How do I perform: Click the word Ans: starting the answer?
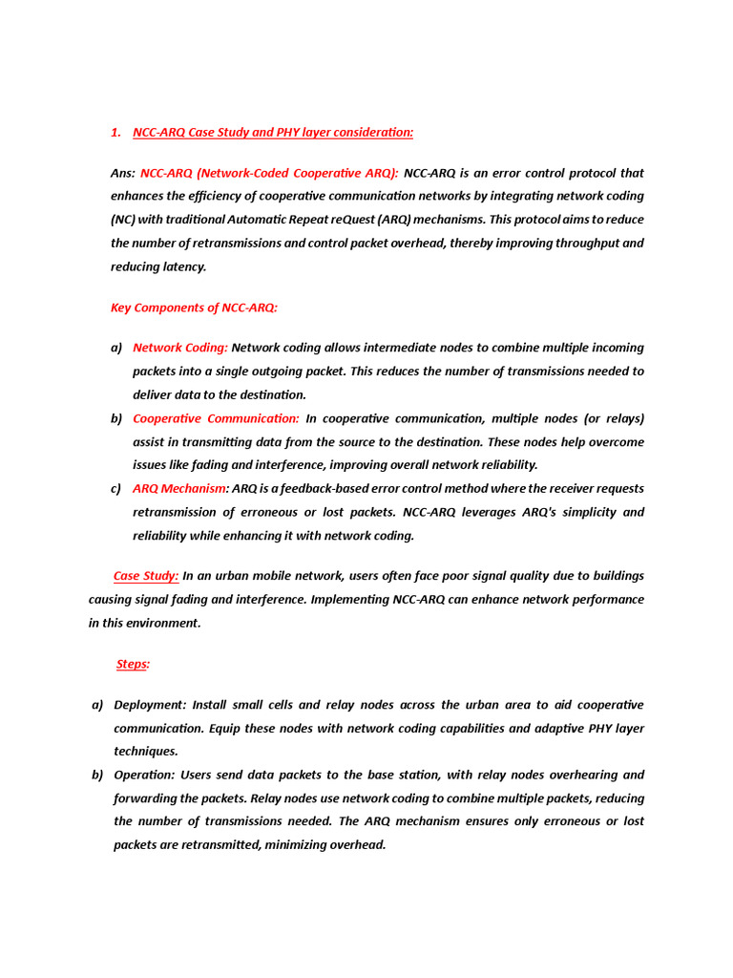coord(123,173)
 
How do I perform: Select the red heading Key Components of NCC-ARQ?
coord(194,308)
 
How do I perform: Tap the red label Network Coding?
coord(180,348)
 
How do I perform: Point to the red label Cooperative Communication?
coord(216,418)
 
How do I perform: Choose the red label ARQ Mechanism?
coord(178,489)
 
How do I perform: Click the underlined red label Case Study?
coord(146,576)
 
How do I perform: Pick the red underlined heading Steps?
coord(134,664)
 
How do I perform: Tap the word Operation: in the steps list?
coord(144,775)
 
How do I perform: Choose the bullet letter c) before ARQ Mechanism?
coord(115,489)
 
